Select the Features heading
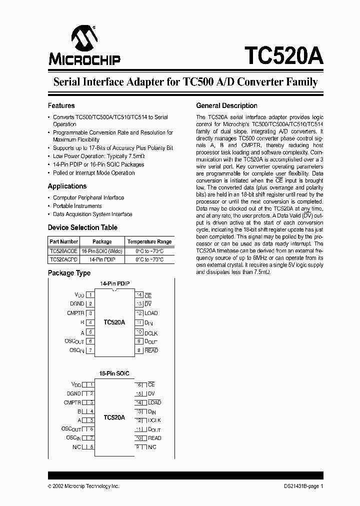(61, 106)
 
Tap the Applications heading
(67, 186)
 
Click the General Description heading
(226, 106)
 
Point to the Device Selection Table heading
(82, 227)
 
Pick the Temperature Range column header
(149, 241)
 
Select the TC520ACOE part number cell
(63, 251)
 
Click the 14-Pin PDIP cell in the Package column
(102, 260)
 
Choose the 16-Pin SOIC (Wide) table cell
(102, 251)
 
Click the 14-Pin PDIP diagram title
(114, 283)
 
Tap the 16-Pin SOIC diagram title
(114, 373)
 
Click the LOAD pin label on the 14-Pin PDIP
(151, 313)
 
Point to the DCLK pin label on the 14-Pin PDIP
(151, 332)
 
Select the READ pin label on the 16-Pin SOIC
(154, 438)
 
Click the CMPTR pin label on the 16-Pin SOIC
(72, 402)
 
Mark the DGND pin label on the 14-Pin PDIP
(77, 303)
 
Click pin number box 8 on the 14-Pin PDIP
(139, 350)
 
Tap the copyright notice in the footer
(83, 486)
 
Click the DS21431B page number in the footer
(300, 486)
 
